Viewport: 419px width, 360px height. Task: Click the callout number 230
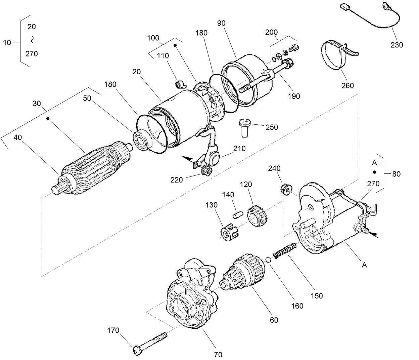[397, 45]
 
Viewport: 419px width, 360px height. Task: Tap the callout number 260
[347, 85]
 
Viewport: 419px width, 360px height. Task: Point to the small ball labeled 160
[268, 259]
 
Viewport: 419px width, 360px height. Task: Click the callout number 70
[218, 354]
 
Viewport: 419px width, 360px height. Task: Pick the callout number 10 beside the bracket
[7, 43]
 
